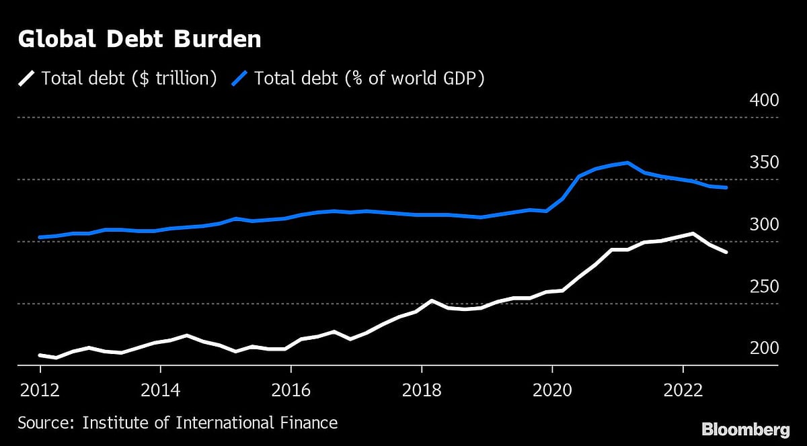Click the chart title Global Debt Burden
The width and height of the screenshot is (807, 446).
139,40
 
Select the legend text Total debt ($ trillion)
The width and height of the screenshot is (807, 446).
129,79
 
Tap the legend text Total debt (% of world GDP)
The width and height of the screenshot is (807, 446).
369,79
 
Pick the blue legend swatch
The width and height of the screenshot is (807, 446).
239,79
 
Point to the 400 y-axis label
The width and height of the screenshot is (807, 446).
763,101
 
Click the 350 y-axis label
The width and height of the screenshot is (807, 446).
763,163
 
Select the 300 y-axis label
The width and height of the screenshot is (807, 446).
763,224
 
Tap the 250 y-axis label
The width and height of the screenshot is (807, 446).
763,287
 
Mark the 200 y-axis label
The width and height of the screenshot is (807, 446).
763,349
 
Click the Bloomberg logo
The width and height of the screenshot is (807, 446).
746,429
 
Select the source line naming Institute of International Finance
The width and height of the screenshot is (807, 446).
178,422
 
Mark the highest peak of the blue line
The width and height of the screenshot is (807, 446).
627,163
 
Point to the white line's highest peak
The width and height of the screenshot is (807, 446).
692,234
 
